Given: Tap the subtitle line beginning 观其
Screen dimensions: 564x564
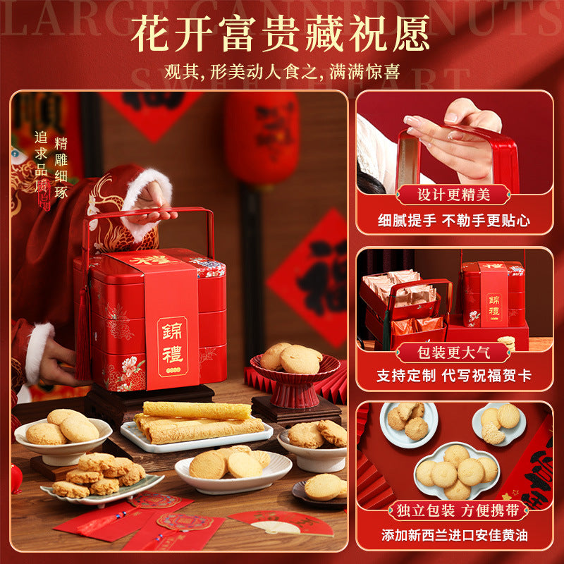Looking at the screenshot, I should (282, 72).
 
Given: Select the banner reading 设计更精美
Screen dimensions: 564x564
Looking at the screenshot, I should (453, 195).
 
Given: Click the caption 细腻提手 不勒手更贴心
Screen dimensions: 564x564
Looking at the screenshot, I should (453, 221).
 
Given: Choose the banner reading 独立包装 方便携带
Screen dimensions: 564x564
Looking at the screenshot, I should (453, 510).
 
